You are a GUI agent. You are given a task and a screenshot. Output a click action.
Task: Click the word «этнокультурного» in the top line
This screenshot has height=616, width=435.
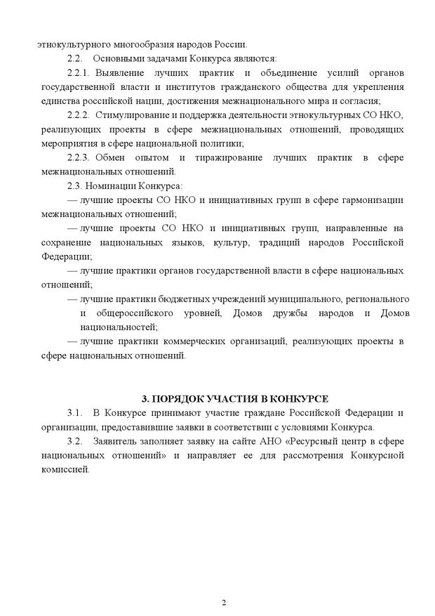pyautogui.click(x=73, y=43)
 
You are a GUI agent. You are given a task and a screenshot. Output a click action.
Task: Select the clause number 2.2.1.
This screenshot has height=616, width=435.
pyautogui.click(x=79, y=72)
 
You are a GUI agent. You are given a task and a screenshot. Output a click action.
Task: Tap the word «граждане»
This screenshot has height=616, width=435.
pyautogui.click(x=252, y=412)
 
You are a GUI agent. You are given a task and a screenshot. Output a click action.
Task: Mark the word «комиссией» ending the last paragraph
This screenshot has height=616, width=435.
pyautogui.click(x=66, y=470)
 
